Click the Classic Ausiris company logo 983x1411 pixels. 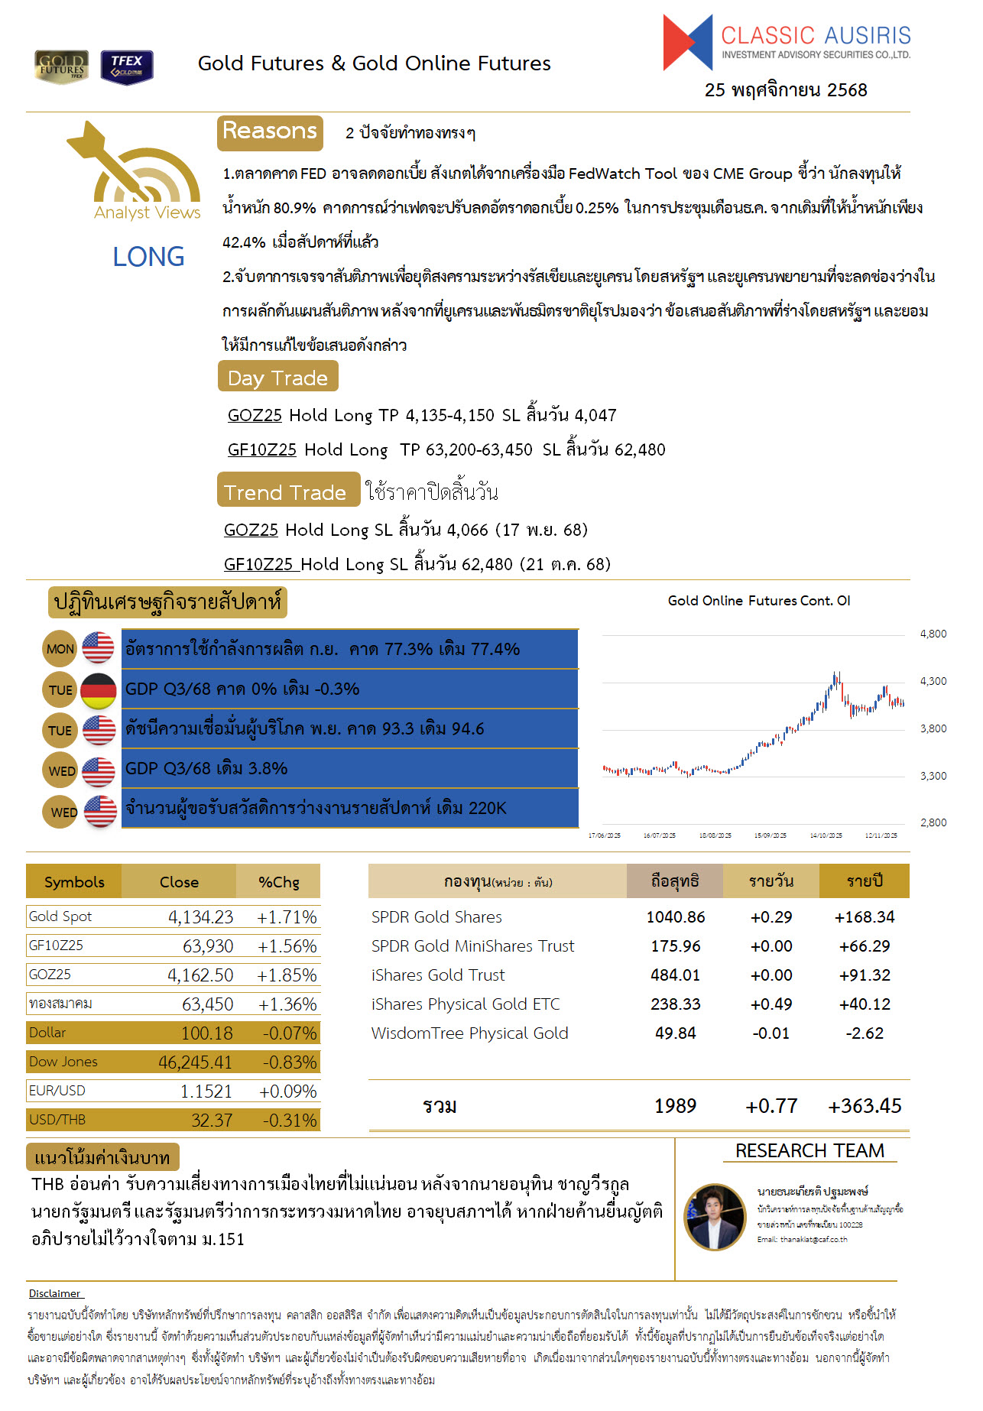click(787, 43)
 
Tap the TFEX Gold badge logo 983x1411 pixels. click(126, 66)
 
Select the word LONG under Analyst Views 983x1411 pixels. click(148, 257)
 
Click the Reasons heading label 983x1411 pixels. click(270, 132)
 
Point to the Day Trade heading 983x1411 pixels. click(277, 378)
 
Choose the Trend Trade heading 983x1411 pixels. click(287, 492)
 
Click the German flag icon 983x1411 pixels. click(98, 690)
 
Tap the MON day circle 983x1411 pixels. click(60, 649)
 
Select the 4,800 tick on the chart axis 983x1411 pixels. click(933, 634)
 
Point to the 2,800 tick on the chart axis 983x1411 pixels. click(933, 822)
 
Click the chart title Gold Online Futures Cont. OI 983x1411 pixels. click(758, 601)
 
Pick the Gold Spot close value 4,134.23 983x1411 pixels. click(200, 917)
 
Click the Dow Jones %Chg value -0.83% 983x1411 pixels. click(289, 1062)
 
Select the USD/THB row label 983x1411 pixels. click(57, 1120)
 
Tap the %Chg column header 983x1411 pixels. click(278, 882)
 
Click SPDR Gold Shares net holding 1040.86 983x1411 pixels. click(675, 917)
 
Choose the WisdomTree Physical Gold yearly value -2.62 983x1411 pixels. click(864, 1033)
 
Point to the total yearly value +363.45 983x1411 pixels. click(865, 1106)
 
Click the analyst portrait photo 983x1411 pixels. click(715, 1217)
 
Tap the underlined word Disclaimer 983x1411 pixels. click(55, 1293)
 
